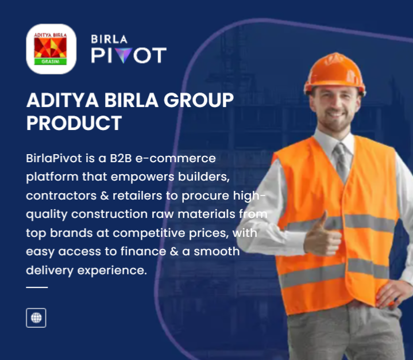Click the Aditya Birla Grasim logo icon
click(x=51, y=49)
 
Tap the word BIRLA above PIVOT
click(x=109, y=39)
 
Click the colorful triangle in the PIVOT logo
click(x=123, y=55)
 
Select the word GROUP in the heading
click(x=199, y=100)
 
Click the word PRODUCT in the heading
click(x=74, y=123)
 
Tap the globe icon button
click(x=36, y=318)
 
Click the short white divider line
click(x=37, y=287)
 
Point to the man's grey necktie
click(x=341, y=162)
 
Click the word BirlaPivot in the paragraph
click(x=54, y=158)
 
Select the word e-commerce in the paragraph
click(x=175, y=158)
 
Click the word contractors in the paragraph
click(x=61, y=196)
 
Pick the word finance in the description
click(x=143, y=251)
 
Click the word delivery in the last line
click(x=49, y=271)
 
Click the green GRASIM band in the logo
click(x=51, y=62)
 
